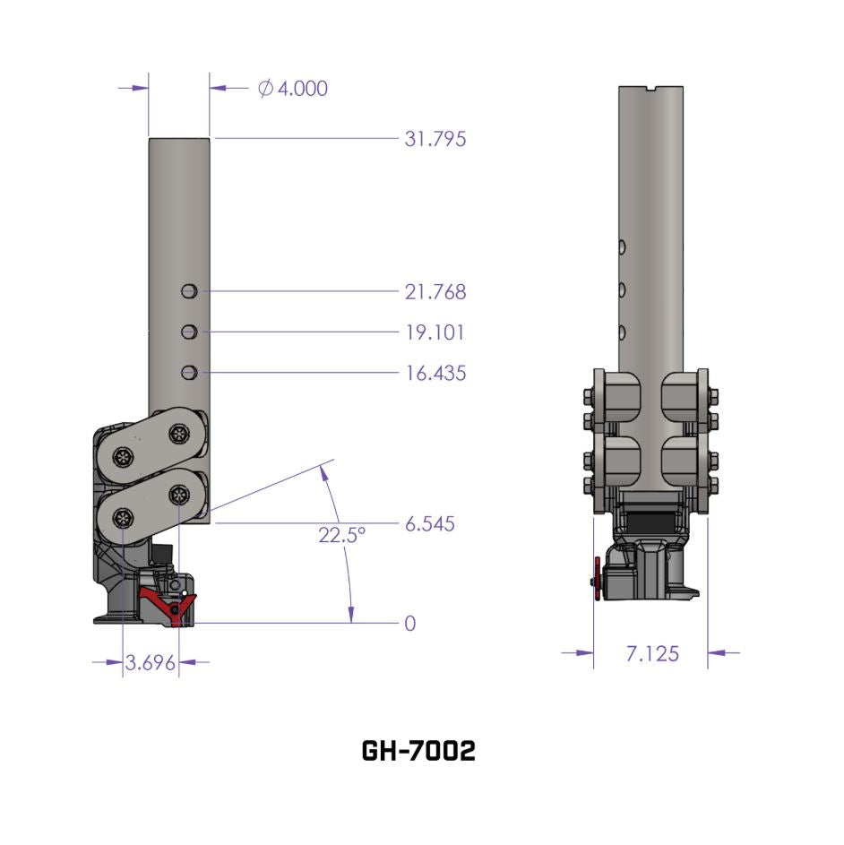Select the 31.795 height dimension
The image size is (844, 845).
435,139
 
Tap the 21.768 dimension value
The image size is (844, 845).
435,291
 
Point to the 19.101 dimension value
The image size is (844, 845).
435,332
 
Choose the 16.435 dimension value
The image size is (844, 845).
435,373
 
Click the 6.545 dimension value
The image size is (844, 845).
429,523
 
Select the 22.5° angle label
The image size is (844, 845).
341,536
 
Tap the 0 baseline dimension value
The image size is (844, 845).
410,623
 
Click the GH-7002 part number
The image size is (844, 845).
418,751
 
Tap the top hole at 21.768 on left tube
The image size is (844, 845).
188,291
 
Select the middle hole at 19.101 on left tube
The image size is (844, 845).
188,332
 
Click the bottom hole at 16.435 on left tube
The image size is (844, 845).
188,373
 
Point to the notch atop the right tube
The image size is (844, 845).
651,88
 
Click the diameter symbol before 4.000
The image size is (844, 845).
265,88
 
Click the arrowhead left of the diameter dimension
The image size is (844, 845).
139,88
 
